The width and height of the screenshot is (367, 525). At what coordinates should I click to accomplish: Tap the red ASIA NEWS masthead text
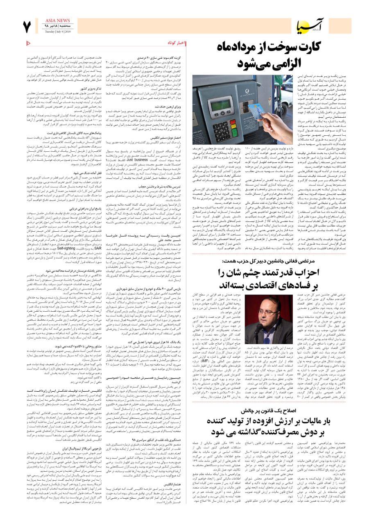pos(57,20)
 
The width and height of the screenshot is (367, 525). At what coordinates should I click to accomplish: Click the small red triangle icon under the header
pos(29,43)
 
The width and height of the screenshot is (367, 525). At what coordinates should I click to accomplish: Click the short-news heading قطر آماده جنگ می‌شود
pos(84,173)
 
